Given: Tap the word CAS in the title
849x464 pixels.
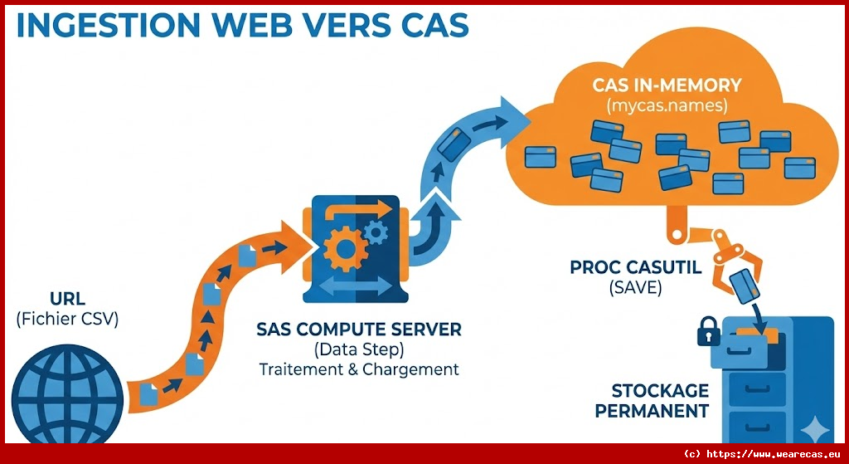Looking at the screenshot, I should click(x=433, y=25).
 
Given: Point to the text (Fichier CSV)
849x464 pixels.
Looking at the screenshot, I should click(x=67, y=318).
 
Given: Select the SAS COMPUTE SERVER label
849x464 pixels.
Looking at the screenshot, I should click(x=359, y=330).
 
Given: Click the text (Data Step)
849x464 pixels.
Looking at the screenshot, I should click(x=359, y=349).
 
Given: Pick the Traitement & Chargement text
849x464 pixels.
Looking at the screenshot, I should click(x=359, y=369).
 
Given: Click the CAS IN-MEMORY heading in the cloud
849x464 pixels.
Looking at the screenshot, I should click(x=667, y=85).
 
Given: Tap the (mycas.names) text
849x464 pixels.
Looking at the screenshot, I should click(x=667, y=105).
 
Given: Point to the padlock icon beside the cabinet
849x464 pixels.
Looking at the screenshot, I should click(x=708, y=332).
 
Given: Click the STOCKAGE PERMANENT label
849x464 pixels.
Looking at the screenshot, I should click(x=660, y=400).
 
